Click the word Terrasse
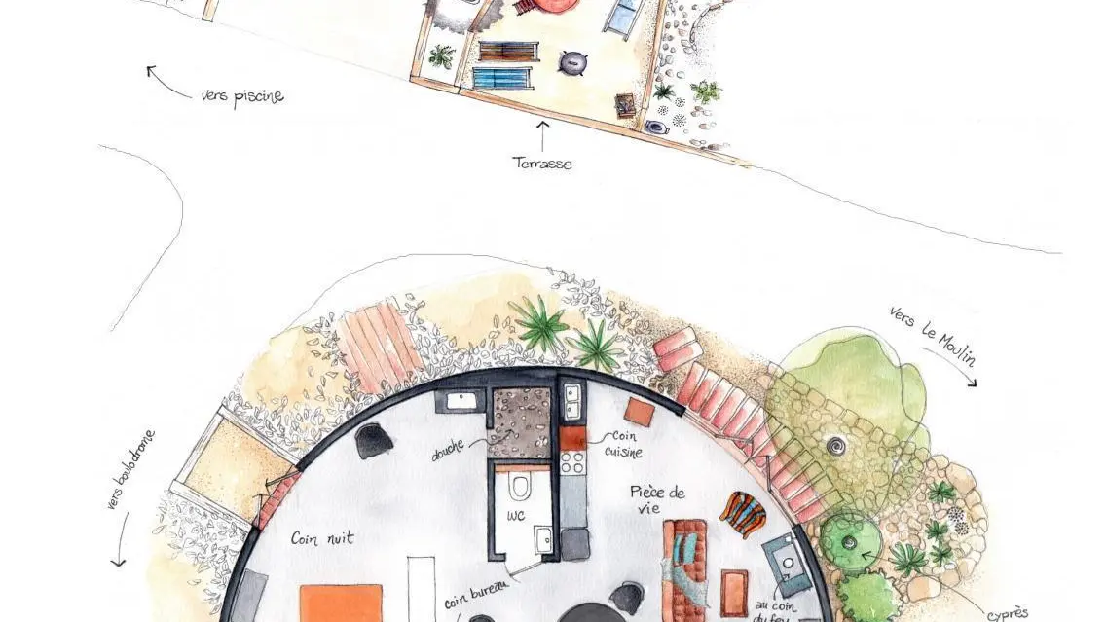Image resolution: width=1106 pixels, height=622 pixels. [x=542, y=164]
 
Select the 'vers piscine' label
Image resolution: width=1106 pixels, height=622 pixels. [x=242, y=97]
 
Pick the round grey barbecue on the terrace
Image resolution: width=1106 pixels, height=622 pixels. [x=572, y=62]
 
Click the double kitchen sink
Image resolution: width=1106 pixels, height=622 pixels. [x=571, y=397]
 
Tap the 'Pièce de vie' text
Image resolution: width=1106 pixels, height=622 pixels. [x=658, y=498]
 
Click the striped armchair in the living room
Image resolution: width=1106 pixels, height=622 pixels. [x=742, y=513]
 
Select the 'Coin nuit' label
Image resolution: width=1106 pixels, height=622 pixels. [x=320, y=537]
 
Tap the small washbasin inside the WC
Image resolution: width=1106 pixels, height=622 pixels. [x=542, y=538]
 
